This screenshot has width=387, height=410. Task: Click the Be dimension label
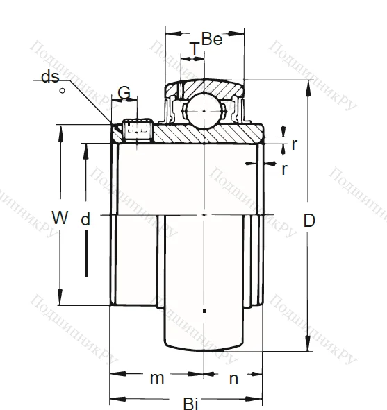(x=211, y=40)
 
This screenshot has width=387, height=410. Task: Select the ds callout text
(x=50, y=77)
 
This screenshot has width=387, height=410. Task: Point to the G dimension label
(x=124, y=93)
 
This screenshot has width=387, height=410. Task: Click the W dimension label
(x=60, y=218)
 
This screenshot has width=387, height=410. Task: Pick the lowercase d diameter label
(x=85, y=220)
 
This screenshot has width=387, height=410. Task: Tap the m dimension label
(x=158, y=378)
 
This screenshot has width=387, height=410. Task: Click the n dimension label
(x=233, y=378)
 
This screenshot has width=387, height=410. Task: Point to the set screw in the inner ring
(x=138, y=128)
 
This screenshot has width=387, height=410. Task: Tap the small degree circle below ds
(x=63, y=90)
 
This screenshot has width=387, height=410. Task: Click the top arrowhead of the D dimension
(x=306, y=84)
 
